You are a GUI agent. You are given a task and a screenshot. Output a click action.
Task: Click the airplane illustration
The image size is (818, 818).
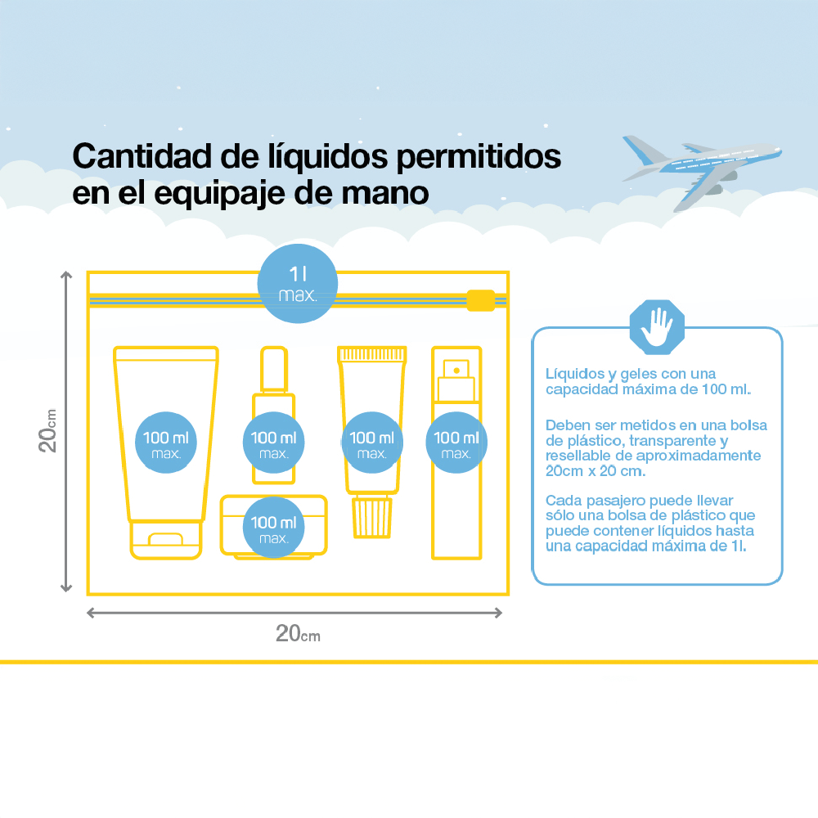[x=699, y=169]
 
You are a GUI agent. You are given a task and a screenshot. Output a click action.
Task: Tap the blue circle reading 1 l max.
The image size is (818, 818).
[x=298, y=284]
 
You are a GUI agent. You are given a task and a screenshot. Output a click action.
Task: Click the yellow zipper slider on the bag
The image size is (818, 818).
[x=480, y=300]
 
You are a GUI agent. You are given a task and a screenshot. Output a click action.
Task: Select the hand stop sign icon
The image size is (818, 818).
[x=657, y=327]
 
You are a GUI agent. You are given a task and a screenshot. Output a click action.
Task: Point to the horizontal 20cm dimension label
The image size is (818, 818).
[x=298, y=633]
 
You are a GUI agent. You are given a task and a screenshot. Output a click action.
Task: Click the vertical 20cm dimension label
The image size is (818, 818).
[x=47, y=431]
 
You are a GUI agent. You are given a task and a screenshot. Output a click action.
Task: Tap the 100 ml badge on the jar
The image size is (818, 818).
[x=273, y=527]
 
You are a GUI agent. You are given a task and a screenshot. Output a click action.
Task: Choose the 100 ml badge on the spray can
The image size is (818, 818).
[x=456, y=443]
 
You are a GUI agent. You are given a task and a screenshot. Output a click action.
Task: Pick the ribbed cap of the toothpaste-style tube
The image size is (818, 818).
[x=372, y=517]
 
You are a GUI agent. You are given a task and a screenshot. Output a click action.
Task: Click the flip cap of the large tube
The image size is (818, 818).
[x=166, y=540]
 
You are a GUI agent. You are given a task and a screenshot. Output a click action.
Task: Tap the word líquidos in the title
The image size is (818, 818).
[x=328, y=157]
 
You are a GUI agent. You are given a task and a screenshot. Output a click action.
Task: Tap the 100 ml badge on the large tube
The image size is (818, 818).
[x=166, y=443]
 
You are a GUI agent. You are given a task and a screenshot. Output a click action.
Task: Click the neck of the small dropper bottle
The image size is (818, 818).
[x=274, y=370]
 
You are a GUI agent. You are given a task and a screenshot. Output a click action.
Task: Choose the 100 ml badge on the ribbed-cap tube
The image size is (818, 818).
[x=372, y=443]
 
